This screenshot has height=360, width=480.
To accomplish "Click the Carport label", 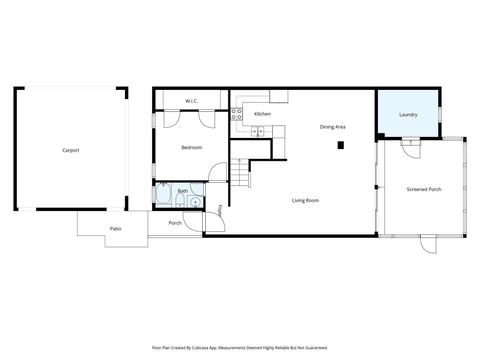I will pyautogui.click(x=70, y=150).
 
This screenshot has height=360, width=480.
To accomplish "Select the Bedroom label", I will pyautogui.click(x=191, y=148).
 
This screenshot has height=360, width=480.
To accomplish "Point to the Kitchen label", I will pyautogui.click(x=262, y=114).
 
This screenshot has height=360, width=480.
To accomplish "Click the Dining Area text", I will pyautogui.click(x=333, y=127).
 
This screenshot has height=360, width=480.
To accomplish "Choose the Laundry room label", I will pyautogui.click(x=408, y=115).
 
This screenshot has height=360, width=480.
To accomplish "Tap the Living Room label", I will pyautogui.click(x=305, y=201).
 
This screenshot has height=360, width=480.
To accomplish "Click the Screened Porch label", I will pyautogui.click(x=424, y=189).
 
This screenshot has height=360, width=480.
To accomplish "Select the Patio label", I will pyautogui.click(x=116, y=229).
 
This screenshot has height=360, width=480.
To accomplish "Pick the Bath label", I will pyautogui.click(x=183, y=190).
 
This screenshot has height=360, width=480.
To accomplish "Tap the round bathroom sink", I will pyautogui.click(x=196, y=200).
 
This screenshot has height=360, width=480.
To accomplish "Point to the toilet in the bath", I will pyautogui.click(x=198, y=187).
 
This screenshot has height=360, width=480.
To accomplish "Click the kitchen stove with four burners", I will pyautogui.click(x=237, y=113).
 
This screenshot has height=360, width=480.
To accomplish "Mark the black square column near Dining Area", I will pyautogui.click(x=341, y=145).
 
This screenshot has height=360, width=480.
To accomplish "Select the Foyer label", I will pyautogui.click(x=220, y=209).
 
